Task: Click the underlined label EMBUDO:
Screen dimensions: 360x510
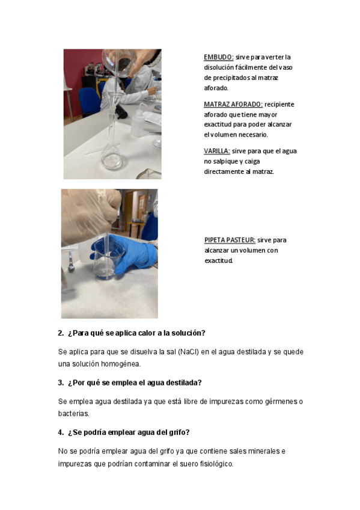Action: pos(218,57)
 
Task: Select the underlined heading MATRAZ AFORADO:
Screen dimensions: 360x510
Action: pos(233,105)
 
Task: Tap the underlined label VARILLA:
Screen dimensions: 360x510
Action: pos(217,151)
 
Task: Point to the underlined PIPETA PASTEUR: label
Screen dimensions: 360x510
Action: pos(230,240)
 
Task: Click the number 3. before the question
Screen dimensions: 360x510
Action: pos(61,383)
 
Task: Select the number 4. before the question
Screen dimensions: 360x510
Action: pos(61,432)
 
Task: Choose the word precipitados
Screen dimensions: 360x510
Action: pos(231,78)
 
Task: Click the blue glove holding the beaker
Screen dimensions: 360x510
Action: pos(130,252)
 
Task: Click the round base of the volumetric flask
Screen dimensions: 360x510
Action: pos(111,158)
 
